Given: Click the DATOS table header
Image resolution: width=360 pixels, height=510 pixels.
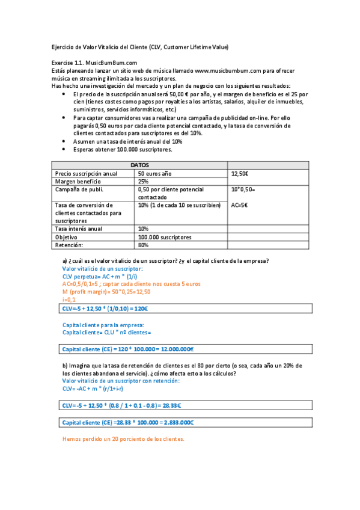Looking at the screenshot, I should click(x=139, y=165).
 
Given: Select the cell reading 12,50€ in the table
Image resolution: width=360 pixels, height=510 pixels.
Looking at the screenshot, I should click(x=240, y=174).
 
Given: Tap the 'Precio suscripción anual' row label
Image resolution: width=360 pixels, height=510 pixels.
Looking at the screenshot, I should click(x=86, y=174).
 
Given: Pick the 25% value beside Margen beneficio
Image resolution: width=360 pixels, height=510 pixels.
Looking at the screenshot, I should click(x=144, y=181).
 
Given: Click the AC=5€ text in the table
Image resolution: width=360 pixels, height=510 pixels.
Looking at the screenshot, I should click(x=240, y=204).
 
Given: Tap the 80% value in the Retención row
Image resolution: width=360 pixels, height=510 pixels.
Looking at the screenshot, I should click(x=144, y=245).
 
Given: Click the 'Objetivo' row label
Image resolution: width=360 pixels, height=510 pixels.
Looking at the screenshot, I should click(x=68, y=237).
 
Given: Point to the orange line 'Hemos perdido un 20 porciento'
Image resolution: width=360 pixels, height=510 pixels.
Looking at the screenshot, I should click(x=123, y=439).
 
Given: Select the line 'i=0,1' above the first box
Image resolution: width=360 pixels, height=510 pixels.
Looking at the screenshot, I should click(x=69, y=299).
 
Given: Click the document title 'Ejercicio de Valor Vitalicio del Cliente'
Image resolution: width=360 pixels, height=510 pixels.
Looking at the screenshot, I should click(x=139, y=47).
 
